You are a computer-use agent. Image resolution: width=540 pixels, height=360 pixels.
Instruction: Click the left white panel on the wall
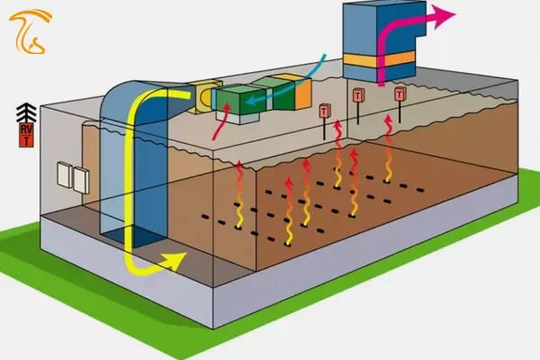65,175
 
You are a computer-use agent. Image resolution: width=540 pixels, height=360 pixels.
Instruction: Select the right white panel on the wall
81,179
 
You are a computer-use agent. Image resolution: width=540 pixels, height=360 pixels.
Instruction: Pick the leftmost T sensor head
325,111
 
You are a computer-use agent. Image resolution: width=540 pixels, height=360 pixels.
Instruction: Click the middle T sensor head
358,95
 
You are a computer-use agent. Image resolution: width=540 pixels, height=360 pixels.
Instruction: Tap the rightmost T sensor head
400,93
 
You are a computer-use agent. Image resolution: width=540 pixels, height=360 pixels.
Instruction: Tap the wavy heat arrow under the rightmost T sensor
389,148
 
